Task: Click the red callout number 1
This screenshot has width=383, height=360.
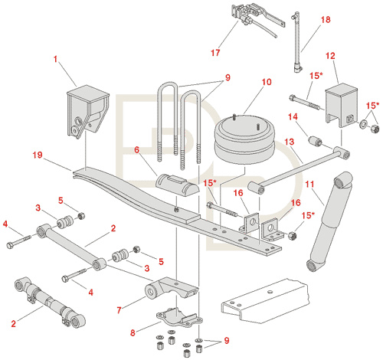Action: [x=55, y=59]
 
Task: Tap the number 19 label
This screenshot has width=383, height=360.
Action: [x=38, y=155]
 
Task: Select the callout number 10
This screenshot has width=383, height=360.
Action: [x=267, y=82]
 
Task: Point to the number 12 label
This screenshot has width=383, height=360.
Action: [x=330, y=56]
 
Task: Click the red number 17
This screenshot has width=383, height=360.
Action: [x=215, y=53]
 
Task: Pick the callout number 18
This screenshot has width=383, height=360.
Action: [x=326, y=20]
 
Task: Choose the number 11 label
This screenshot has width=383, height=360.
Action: [x=309, y=184]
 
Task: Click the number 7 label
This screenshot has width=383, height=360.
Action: [x=119, y=310]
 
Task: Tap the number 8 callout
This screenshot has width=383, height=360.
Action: [x=133, y=332]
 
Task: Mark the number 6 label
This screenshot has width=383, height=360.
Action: [x=137, y=149]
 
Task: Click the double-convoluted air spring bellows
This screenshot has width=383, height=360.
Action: [x=244, y=139]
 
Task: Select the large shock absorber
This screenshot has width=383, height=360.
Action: [x=329, y=221]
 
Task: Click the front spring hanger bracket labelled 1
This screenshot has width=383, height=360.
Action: [x=87, y=111]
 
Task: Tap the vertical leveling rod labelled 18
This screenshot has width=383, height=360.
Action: [x=297, y=42]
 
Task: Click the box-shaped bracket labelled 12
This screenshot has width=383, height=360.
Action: [x=342, y=105]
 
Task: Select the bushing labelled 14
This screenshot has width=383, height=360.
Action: [x=315, y=141]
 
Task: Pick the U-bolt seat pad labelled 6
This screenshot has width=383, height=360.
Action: [x=177, y=184]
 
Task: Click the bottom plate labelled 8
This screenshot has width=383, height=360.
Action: [x=179, y=318]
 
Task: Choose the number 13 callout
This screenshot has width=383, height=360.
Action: [x=289, y=142]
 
